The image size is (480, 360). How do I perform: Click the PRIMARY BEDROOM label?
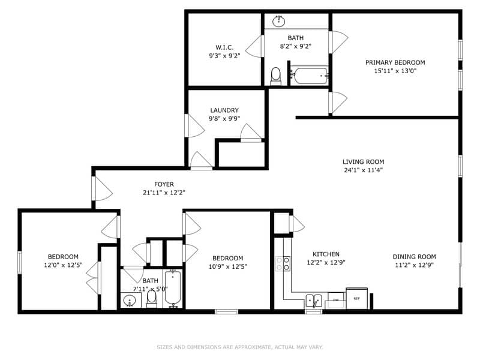point(395,62)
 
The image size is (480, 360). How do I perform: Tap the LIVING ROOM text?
point(364,161)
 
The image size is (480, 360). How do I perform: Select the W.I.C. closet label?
point(224,47)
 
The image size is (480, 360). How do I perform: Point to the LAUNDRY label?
point(224,110)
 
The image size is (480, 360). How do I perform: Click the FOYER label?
point(164,184)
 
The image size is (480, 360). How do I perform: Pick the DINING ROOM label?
point(414,257)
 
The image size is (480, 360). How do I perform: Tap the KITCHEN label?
point(326,254)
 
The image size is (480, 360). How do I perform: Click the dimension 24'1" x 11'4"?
point(364,170)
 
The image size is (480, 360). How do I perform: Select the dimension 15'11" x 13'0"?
point(395,71)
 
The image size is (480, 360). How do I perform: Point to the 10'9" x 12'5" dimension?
point(228,266)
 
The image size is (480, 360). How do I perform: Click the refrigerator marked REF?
point(356,298)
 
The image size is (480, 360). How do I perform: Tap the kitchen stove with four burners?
point(283,263)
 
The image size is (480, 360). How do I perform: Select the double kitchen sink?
point(314,301)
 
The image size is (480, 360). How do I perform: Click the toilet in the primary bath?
point(276,76)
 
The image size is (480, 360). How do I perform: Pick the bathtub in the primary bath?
point(309,76)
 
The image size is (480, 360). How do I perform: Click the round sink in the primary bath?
point(279,21)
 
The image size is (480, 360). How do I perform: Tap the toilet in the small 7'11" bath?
point(152,298)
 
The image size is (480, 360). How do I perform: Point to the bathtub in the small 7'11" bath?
point(173,289)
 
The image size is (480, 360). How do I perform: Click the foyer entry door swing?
point(103,189)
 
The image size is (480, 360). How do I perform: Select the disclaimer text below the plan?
point(239,347)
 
